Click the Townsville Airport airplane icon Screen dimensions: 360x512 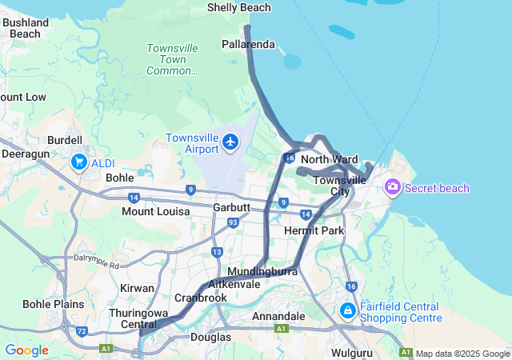pos(231,142)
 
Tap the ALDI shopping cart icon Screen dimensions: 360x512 pos(78,162)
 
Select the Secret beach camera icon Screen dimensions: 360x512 pos(392,187)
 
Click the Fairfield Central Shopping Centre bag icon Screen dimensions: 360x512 pos(348,310)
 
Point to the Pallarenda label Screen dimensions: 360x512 pos(249,43)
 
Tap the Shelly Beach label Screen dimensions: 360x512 pos(238,7)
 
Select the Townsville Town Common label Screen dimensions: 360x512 pos(172,59)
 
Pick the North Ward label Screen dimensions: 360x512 pos(329,159)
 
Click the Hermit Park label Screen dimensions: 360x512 pos(314,230)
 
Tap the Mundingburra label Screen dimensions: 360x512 pos(262,271)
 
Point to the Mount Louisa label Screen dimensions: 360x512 pos(155,211)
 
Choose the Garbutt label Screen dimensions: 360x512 pos(232,207)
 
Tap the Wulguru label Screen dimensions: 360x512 pos(352,351)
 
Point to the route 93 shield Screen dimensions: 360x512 pos(233,222)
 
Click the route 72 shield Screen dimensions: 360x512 pos(82,330)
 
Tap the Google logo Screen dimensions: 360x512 pos(26,350)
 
